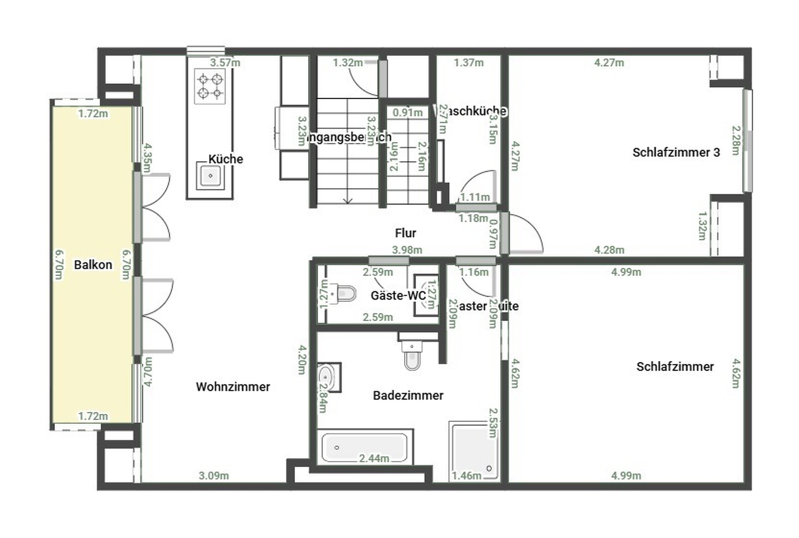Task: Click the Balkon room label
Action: (x=93, y=265)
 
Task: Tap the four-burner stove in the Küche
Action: (x=210, y=86)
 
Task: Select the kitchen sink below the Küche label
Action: (x=210, y=176)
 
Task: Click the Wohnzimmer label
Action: (x=233, y=387)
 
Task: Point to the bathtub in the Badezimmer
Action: (x=365, y=448)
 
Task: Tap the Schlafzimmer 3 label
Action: (x=676, y=152)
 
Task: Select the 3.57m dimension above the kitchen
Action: (x=225, y=63)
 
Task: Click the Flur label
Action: (x=405, y=233)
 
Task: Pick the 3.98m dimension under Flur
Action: (x=407, y=250)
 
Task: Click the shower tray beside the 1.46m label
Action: (x=474, y=450)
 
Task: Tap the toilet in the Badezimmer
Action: (x=412, y=356)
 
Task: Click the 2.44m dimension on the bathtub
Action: (x=374, y=458)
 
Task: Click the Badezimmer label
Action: (x=408, y=396)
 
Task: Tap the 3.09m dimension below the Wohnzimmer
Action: (x=213, y=476)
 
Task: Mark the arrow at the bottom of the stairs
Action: (x=347, y=201)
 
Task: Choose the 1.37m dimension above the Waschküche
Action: (x=469, y=63)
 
